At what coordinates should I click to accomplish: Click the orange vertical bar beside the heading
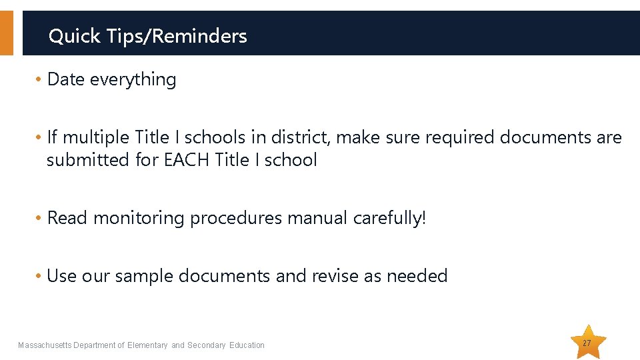(6, 33)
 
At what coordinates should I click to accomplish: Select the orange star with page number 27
(587, 343)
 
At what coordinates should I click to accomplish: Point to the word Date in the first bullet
(66, 79)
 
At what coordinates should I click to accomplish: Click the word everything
(133, 80)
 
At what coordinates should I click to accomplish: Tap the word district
(299, 137)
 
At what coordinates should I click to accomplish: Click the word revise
(334, 276)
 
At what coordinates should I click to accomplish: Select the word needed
(416, 276)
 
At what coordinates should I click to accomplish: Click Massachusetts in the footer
(45, 345)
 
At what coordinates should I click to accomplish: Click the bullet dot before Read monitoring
(39, 219)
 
